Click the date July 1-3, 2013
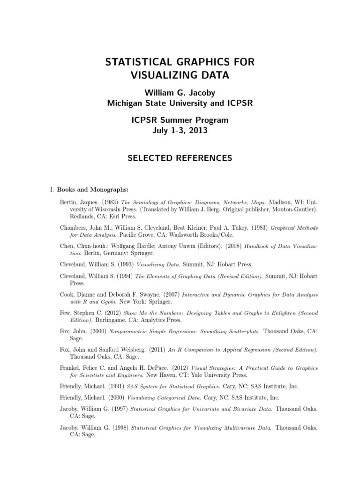click(180, 131)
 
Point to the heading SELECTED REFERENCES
click(180, 158)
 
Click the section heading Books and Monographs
click(93, 190)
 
